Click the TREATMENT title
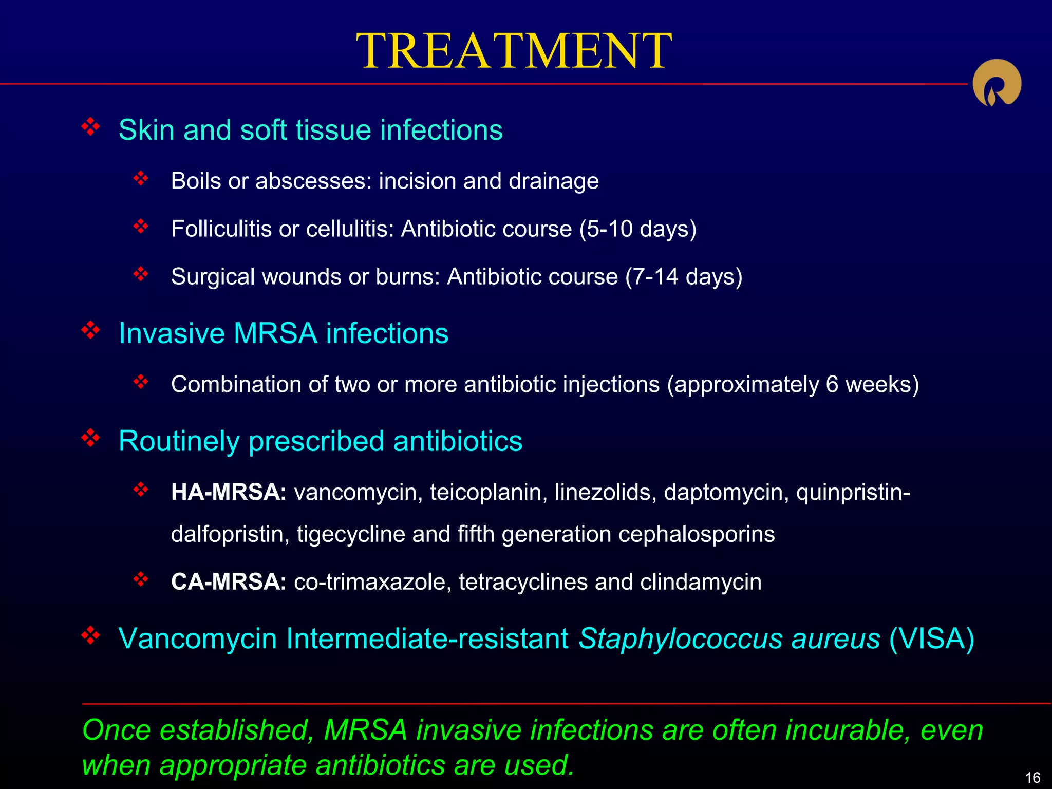[514, 51]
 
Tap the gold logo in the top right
[997, 84]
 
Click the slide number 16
[1032, 777]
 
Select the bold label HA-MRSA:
[229, 492]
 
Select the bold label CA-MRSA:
[229, 582]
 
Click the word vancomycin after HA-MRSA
[358, 492]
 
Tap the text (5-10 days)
[638, 229]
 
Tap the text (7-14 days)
[684, 276]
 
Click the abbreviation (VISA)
[931, 638]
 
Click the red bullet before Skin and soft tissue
[90, 126]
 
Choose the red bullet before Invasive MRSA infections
[90, 330]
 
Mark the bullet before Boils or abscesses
[140, 178]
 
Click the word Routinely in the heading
[179, 441]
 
